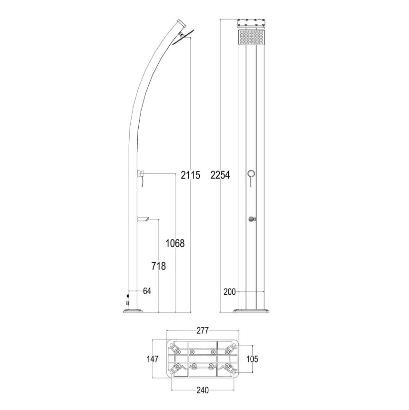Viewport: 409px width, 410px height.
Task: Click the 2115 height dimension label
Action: (x=190, y=175)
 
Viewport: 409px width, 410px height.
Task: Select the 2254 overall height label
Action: (x=220, y=175)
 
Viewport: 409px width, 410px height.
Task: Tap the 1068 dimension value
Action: (x=175, y=243)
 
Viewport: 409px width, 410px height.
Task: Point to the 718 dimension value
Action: (x=159, y=266)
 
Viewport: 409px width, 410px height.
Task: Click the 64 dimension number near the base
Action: (x=147, y=291)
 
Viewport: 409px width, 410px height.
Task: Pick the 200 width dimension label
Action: (x=229, y=292)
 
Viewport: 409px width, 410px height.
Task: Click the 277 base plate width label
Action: (x=203, y=330)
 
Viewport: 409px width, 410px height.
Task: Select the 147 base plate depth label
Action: (x=152, y=359)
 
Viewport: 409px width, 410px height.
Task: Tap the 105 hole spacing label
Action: (x=252, y=359)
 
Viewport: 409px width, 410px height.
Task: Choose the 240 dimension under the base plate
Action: (x=203, y=390)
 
